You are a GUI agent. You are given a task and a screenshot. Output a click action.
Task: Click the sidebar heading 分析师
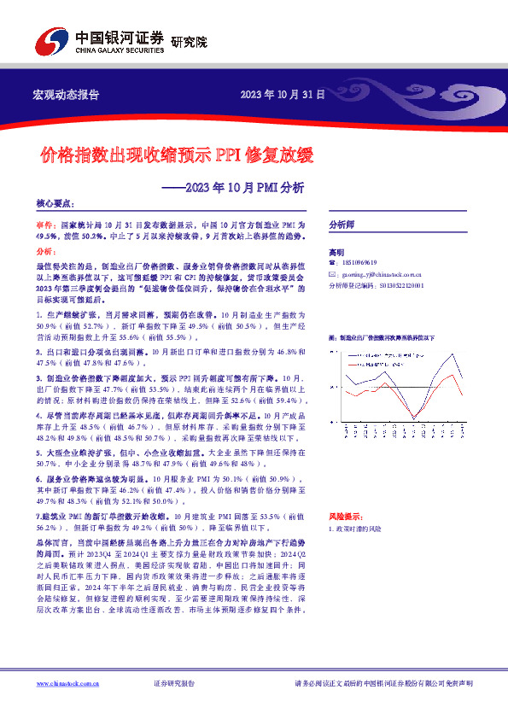pos(342,224)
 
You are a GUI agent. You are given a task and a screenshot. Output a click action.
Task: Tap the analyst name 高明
pos(336,253)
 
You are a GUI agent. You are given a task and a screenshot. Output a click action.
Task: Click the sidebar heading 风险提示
pos(342,517)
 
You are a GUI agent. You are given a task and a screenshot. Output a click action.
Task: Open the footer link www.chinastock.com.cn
pos(69,683)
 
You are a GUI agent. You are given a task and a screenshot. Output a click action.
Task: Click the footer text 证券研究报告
pos(174,683)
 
